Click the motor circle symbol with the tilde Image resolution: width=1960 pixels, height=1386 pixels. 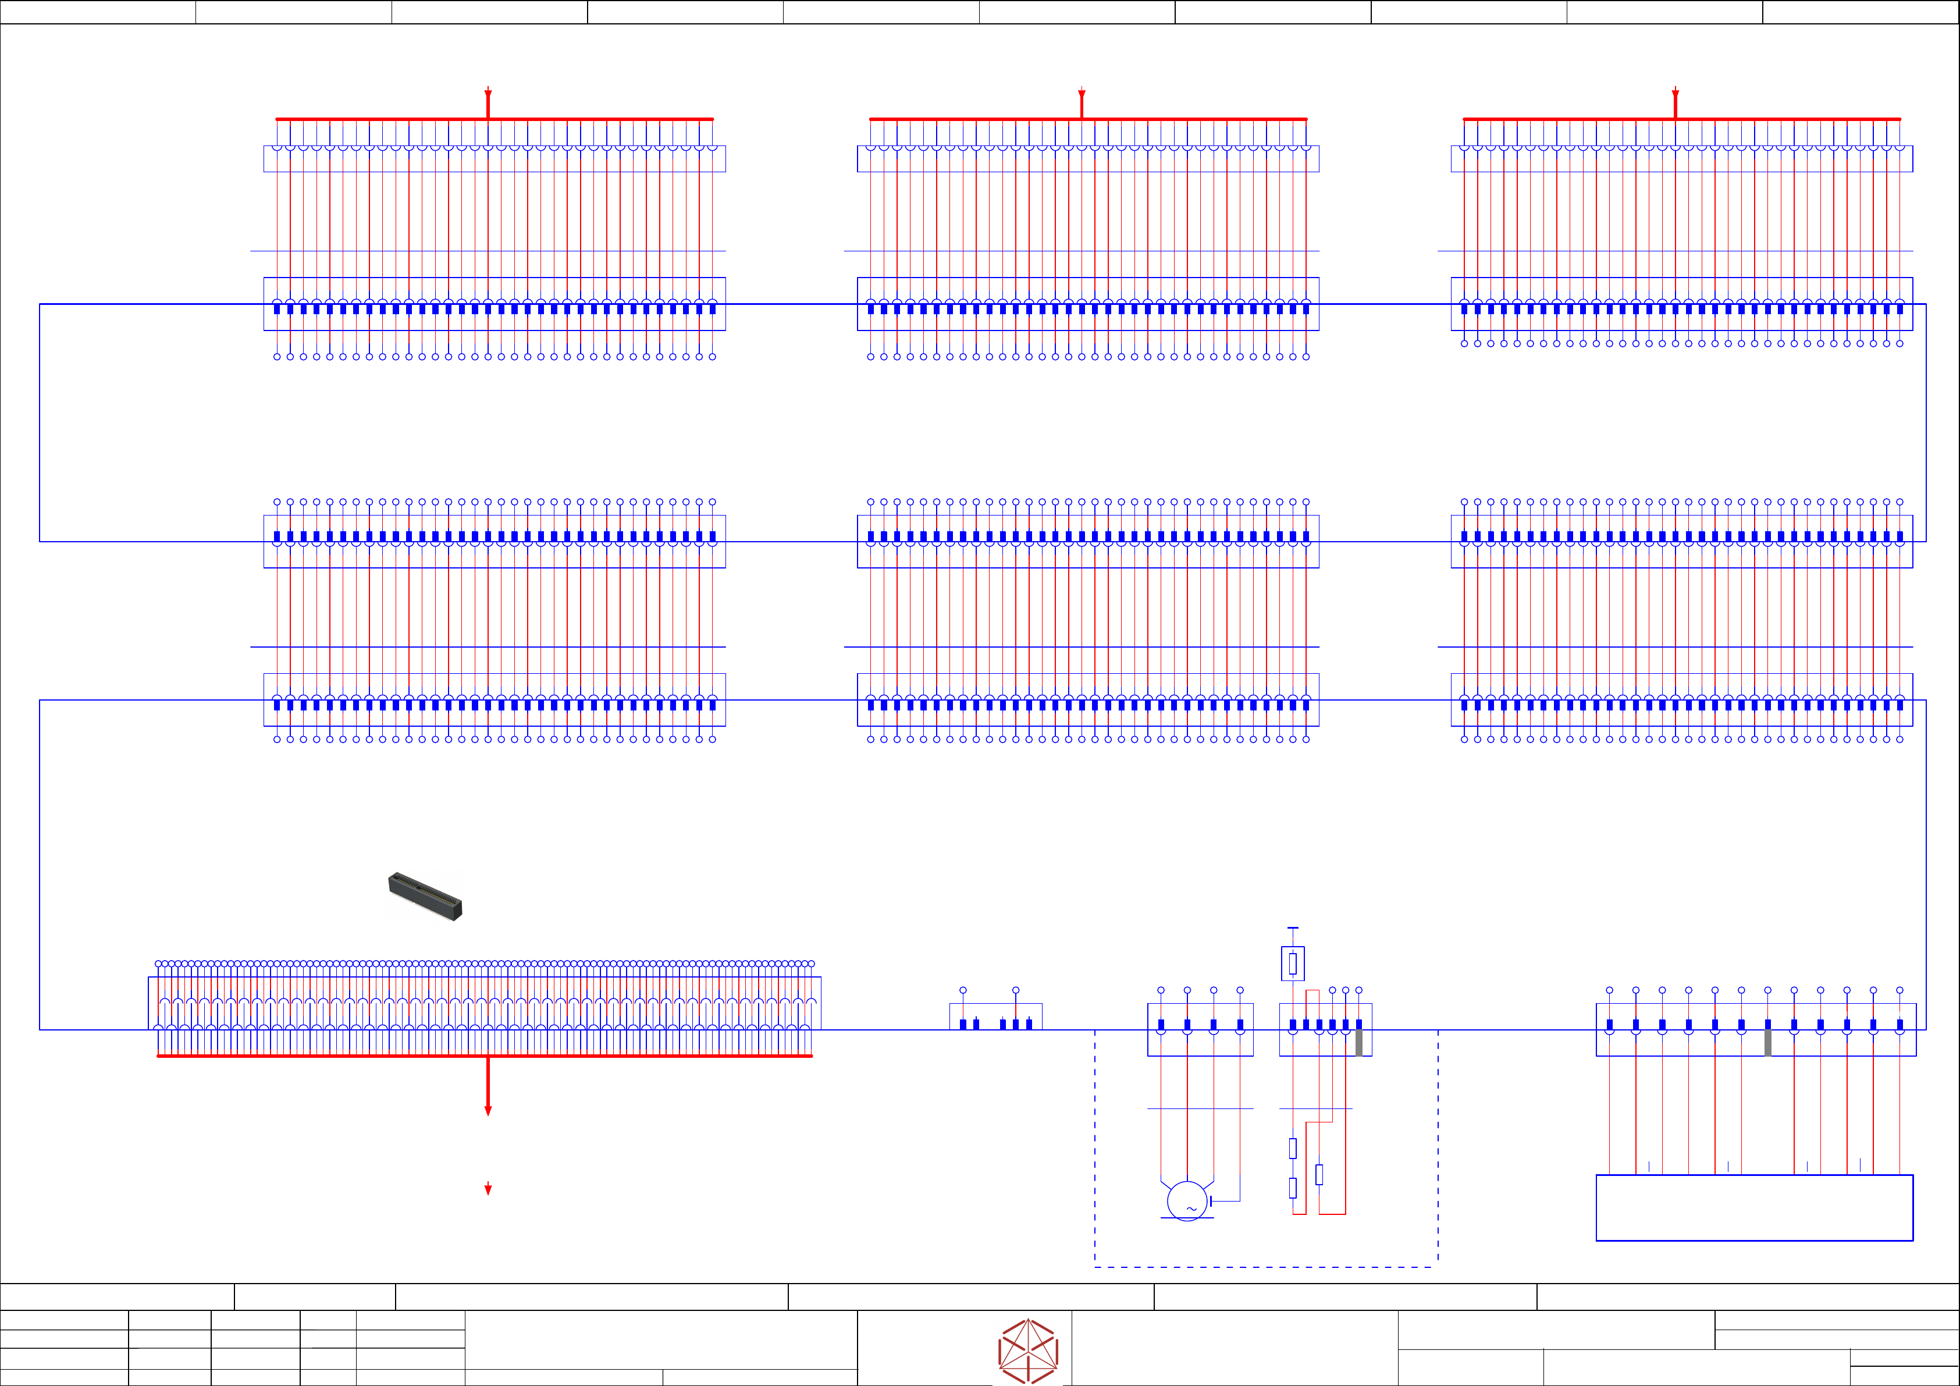pyautogui.click(x=1187, y=1201)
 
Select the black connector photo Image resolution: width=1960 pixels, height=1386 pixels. pyautogui.click(x=425, y=897)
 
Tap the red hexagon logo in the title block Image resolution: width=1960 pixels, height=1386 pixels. pyautogui.click(x=1028, y=1351)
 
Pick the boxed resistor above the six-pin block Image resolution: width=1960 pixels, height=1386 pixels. pyautogui.click(x=1293, y=964)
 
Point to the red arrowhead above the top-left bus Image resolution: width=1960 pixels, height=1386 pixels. pyautogui.click(x=488, y=93)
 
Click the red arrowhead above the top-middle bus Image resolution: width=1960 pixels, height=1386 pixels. pyautogui.click(x=1082, y=93)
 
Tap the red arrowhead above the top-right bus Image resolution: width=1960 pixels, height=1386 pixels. pyautogui.click(x=1676, y=93)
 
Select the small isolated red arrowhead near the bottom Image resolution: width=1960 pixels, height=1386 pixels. pyautogui.click(x=488, y=1189)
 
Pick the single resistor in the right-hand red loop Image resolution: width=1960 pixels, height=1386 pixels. pyautogui.click(x=1319, y=1174)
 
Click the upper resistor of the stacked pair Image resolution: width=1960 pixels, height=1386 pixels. pyautogui.click(x=1293, y=1149)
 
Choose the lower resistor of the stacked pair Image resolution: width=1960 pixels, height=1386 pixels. pyautogui.click(x=1293, y=1187)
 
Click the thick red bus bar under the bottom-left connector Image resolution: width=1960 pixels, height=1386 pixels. pyautogui.click(x=484, y=1056)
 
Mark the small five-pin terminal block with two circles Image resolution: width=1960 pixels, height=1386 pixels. pyautogui.click(x=995, y=1017)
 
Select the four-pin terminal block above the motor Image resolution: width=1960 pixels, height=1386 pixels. pyautogui.click(x=1200, y=1029)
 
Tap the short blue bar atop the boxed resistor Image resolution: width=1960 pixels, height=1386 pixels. pyautogui.click(x=1293, y=928)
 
